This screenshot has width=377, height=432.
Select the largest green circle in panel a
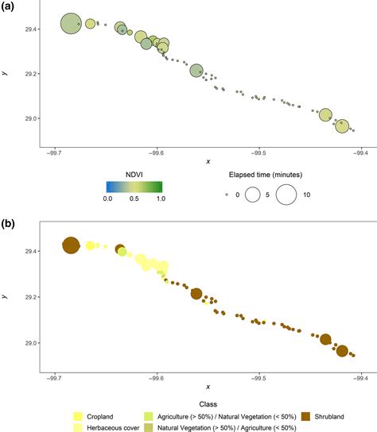(x=71, y=25)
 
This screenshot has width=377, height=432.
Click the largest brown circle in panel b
(x=71, y=246)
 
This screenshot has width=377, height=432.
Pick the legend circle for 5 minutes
(x=254, y=193)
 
